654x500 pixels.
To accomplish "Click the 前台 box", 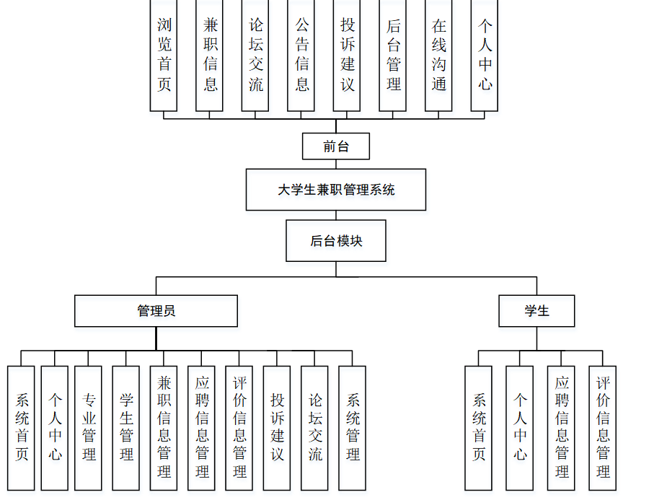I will point(336,146).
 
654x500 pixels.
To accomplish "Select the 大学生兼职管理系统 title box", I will point(336,190).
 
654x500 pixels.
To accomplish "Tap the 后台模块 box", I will point(336,241).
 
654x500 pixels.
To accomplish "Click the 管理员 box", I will point(156,311).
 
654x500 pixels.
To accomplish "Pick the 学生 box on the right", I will point(536,311).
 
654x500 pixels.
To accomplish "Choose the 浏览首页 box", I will point(164,56).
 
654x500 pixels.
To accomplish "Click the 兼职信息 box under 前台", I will point(210,56).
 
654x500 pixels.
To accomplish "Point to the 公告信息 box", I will point(301,56).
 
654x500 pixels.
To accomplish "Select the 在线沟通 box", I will point(438,56).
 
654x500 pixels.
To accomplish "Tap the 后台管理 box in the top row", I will point(393,56).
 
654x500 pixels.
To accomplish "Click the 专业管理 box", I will point(89,428).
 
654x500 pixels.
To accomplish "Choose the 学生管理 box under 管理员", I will point(126,428).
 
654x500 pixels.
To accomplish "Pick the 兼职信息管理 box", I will point(164,428).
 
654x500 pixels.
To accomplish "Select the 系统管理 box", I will point(353,428).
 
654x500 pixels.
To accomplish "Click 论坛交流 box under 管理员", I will point(315,428).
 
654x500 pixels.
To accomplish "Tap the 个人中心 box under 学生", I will point(520,428).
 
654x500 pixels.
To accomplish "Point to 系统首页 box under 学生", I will point(479,428).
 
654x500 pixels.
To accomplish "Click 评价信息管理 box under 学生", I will point(603,428).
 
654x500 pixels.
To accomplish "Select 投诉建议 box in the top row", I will point(347,56).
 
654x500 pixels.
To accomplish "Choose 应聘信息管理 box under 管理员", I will point(202,428).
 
